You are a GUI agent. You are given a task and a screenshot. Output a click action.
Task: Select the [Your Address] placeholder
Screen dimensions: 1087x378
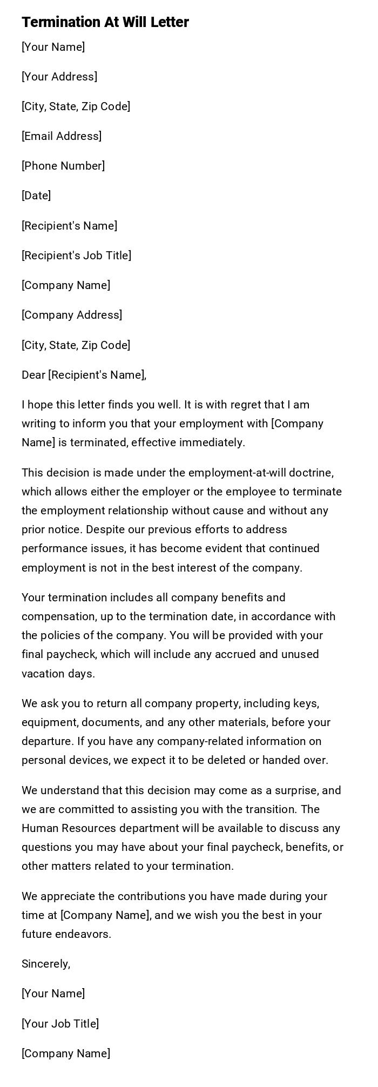[x=59, y=77]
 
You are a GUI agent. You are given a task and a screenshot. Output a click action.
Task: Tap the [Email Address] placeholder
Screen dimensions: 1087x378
[x=62, y=136]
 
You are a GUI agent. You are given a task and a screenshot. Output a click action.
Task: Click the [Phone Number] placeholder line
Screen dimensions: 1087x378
[x=63, y=166]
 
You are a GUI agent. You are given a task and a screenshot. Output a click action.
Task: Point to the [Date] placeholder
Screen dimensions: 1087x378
[x=36, y=196]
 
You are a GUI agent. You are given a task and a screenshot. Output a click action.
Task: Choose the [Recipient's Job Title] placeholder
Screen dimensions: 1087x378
[x=76, y=256]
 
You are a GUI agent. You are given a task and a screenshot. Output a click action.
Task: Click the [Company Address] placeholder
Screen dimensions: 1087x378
[x=72, y=315]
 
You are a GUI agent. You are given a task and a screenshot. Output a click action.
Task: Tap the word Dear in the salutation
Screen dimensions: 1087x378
[x=33, y=375]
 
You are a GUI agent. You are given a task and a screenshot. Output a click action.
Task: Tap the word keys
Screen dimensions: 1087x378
[x=305, y=703]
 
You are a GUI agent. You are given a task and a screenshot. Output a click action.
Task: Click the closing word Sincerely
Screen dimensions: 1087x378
[x=46, y=964]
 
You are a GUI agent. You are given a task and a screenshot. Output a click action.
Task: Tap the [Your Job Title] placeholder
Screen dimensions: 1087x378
[x=60, y=1024]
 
